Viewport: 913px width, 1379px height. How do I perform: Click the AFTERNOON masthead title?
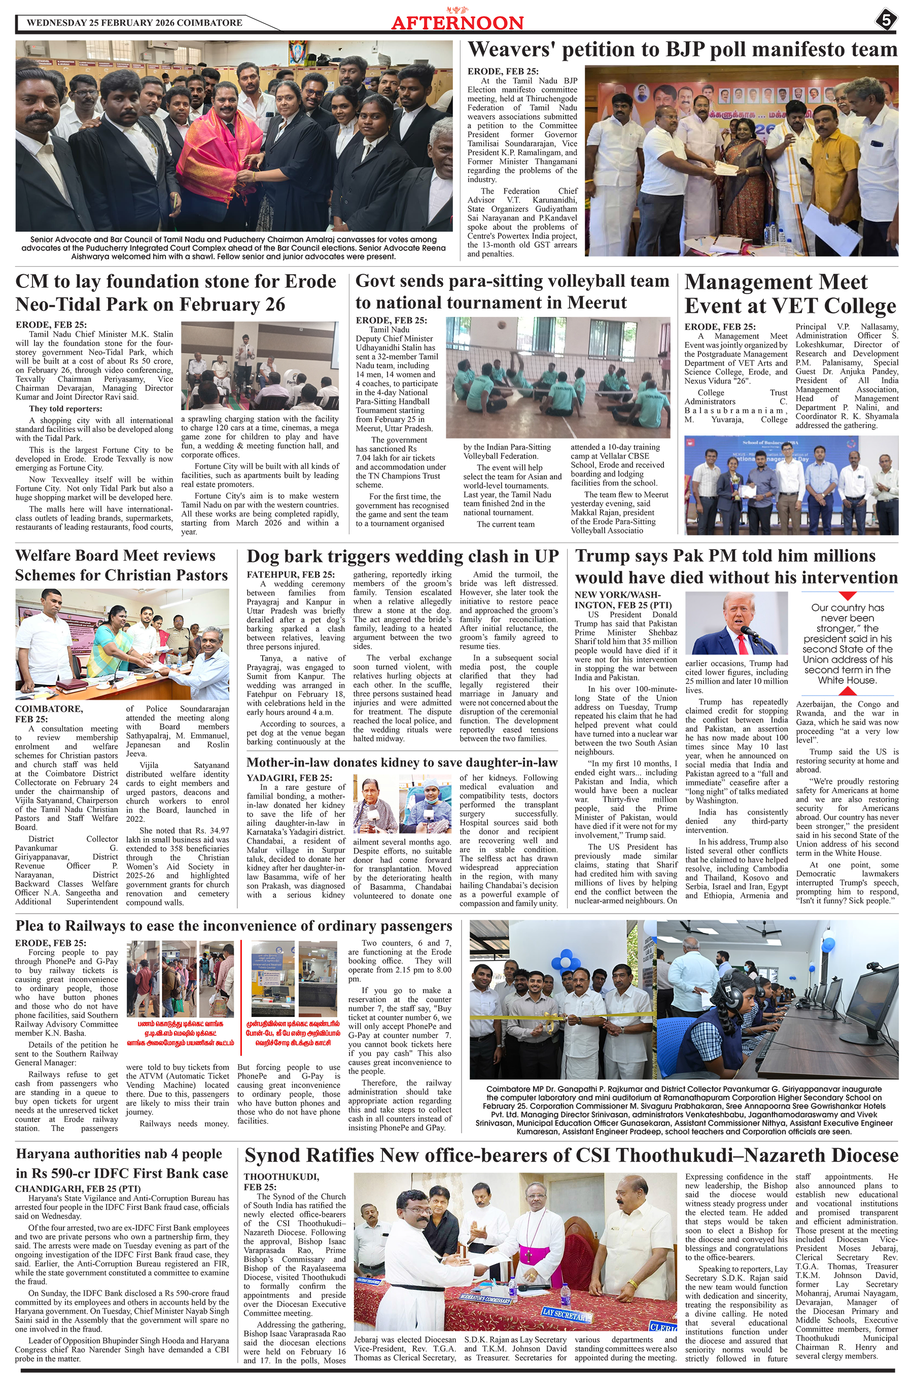(457, 23)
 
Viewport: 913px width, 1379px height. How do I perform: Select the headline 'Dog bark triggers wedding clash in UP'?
(402, 556)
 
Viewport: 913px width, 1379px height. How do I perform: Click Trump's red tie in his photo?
(742, 642)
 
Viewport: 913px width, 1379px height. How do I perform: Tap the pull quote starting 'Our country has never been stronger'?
(847, 643)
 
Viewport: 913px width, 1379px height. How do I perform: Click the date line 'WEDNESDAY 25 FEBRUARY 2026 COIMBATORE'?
(134, 23)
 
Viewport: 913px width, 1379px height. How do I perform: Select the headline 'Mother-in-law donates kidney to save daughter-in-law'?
(402, 762)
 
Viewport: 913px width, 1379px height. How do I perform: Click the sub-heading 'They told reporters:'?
(65, 409)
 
